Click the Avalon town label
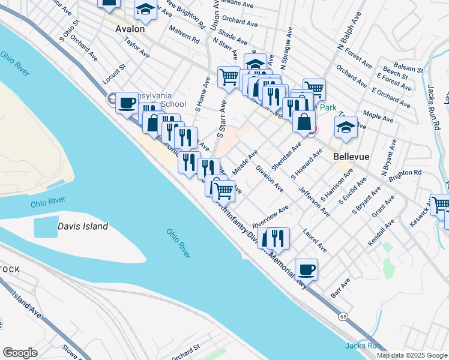pyautogui.click(x=130, y=28)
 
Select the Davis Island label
pyautogui.click(x=83, y=226)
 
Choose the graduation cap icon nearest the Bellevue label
pyautogui.click(x=346, y=127)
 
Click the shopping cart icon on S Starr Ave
pyautogui.click(x=229, y=77)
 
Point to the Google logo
pyautogui.click(x=20, y=353)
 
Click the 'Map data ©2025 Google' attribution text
pyautogui.click(x=412, y=355)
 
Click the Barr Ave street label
pyautogui.click(x=340, y=288)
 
